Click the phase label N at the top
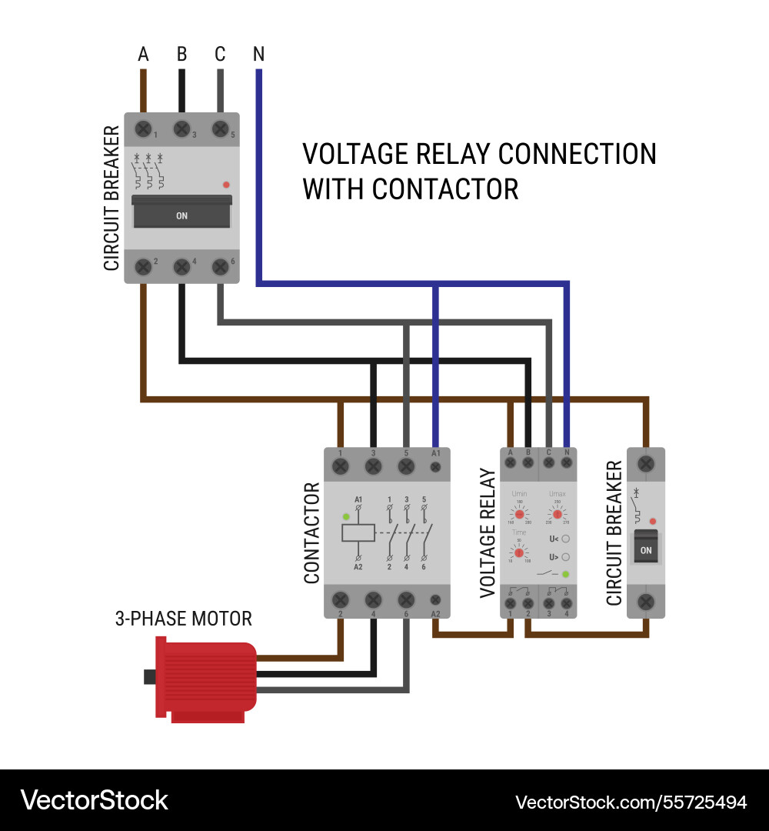point(258,55)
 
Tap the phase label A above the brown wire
point(143,55)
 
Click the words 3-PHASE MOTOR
point(184,619)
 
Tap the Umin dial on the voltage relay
point(519,513)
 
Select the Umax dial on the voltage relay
point(557,513)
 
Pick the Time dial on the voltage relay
point(519,552)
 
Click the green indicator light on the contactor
point(346,516)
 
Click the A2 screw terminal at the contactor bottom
point(436,599)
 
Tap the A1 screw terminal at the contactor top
point(436,466)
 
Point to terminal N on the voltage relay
point(567,463)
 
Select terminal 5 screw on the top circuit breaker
point(221,128)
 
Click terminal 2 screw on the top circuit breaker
point(143,267)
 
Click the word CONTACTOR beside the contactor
point(312,532)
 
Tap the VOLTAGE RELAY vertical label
point(488,532)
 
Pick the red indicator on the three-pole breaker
point(225,185)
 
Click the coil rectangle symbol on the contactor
point(358,532)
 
